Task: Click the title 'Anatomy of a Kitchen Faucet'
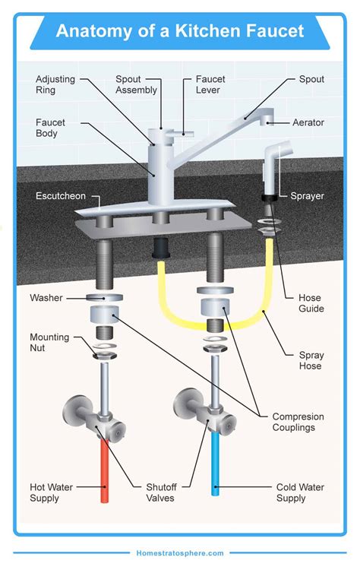[x=180, y=31]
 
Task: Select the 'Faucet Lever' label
[x=210, y=84]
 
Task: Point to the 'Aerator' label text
[x=308, y=122]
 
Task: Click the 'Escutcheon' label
[x=60, y=196]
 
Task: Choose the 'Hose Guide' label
[x=311, y=303]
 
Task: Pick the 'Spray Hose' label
[x=310, y=360]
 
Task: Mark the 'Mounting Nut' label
[x=49, y=343]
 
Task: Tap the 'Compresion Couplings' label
[x=298, y=423]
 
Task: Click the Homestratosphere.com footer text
[x=180, y=553]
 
